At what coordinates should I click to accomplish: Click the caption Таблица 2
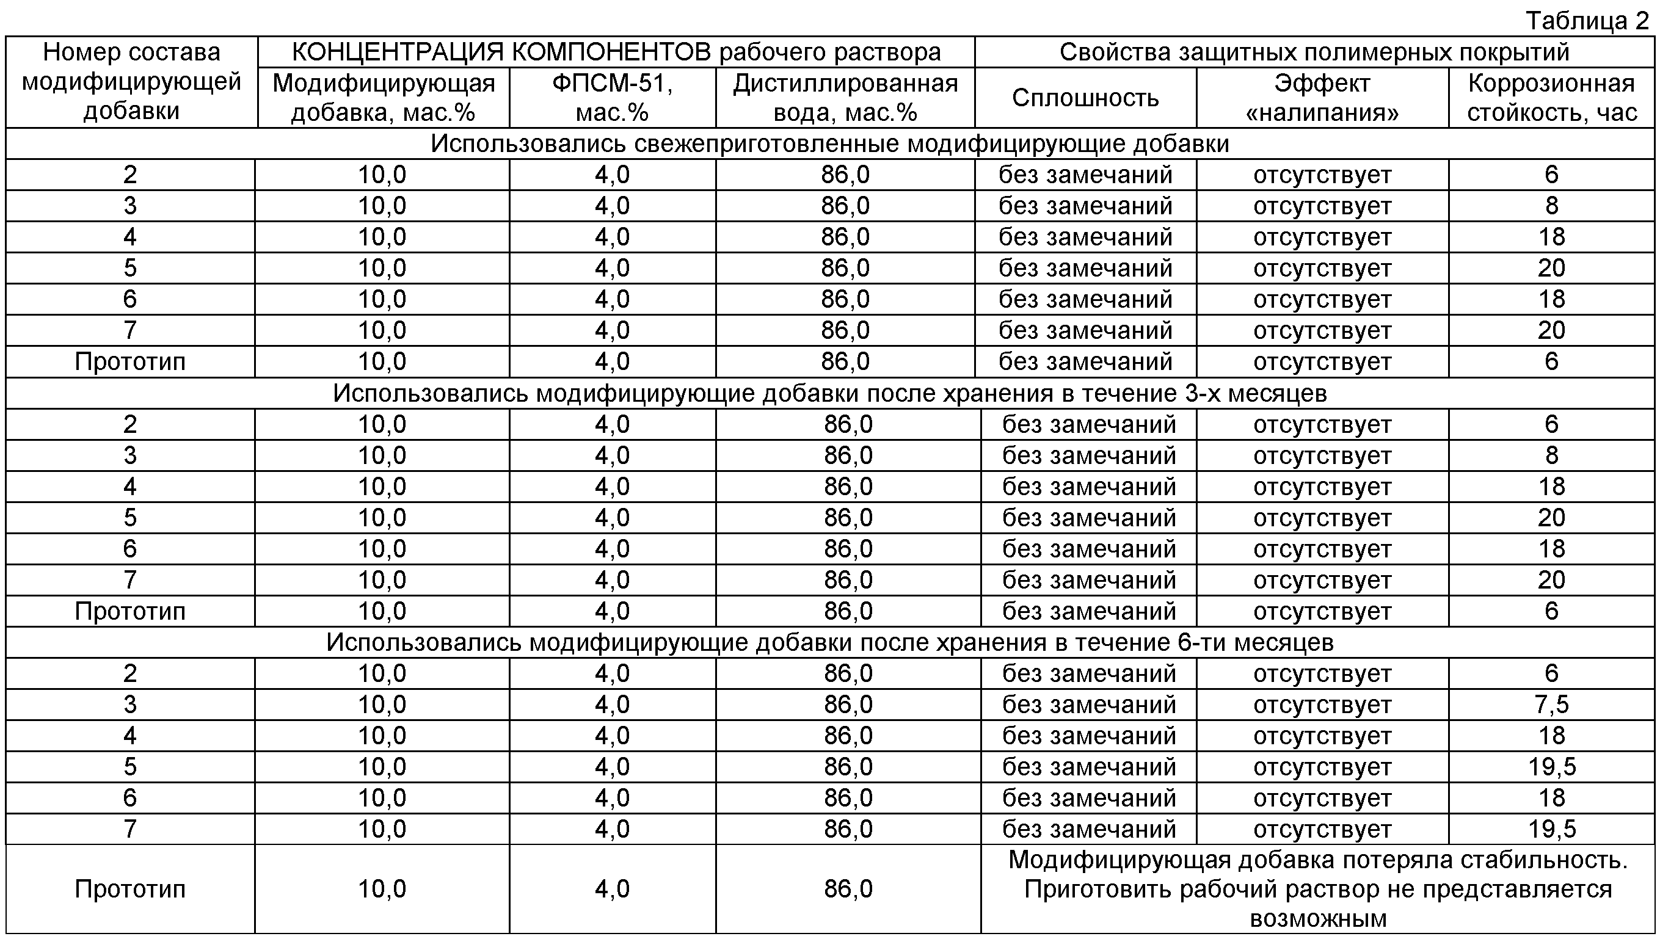coord(1587,21)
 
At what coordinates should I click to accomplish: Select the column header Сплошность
coord(1085,98)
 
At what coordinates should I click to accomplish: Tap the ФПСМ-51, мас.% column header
coord(611,98)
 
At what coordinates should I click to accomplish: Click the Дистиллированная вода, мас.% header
coord(845,98)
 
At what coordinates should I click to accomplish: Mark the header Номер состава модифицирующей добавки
coord(131,82)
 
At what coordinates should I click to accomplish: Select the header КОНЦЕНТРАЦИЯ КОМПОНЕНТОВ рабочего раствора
coord(616,53)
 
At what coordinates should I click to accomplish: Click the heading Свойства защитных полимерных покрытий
coord(1314,53)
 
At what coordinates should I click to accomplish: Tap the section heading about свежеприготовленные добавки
coord(829,144)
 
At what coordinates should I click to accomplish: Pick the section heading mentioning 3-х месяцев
coord(829,393)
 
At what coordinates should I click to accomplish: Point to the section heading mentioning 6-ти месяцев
coord(829,643)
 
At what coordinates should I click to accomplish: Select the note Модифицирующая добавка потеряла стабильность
coord(1317,860)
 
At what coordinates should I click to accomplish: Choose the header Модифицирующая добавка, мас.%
coord(383,98)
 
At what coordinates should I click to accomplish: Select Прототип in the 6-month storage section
coord(129,890)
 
